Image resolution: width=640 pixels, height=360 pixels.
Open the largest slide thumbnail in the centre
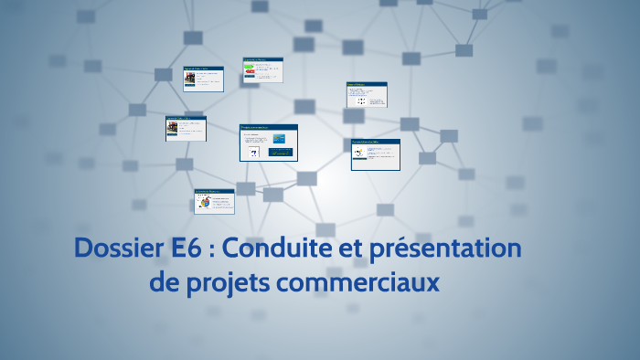(x=269, y=143)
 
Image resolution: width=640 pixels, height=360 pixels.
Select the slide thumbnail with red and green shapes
(x=262, y=71)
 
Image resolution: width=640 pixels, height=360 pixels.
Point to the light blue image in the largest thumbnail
(x=280, y=137)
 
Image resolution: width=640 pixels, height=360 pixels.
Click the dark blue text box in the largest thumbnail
(x=280, y=152)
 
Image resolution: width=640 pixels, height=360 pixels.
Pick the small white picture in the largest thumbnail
(x=253, y=152)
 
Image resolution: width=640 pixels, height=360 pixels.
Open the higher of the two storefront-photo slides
(x=202, y=79)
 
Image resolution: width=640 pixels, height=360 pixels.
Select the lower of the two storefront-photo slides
(x=185, y=128)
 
